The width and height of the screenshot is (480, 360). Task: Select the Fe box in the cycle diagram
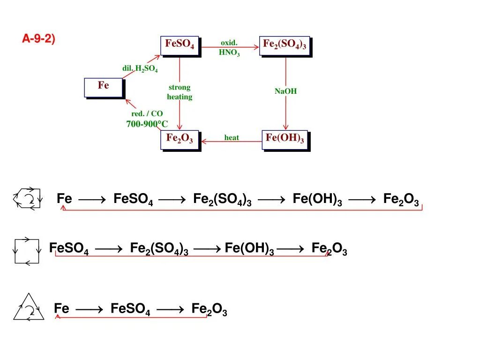(104, 87)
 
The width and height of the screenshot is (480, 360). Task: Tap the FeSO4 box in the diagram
(180, 45)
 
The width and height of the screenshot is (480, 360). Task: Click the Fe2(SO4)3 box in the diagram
(285, 45)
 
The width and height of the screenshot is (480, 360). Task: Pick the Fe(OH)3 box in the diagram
(285, 139)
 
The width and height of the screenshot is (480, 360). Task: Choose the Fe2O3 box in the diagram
(180, 140)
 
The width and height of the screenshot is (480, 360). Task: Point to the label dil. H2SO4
(140, 69)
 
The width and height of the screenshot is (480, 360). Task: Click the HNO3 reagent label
(229, 52)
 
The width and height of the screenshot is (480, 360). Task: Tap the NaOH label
(285, 91)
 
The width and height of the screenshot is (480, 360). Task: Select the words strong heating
(180, 92)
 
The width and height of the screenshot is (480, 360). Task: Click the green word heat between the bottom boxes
(232, 138)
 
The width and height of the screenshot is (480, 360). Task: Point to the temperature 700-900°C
(147, 124)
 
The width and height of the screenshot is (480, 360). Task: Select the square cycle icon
(27, 251)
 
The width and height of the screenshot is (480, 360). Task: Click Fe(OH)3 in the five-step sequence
(317, 199)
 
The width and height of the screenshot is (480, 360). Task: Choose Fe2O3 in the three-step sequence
(209, 309)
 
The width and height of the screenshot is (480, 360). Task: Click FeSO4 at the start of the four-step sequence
(69, 249)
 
